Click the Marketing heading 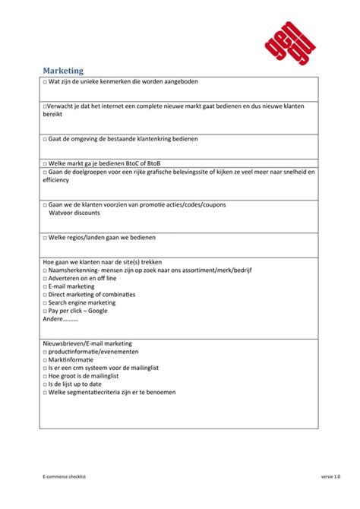[x=63, y=70]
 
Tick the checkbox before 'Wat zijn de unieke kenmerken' [x=45, y=81]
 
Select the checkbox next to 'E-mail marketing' [x=45, y=286]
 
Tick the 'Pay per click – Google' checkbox [x=45, y=311]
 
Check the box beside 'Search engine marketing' [x=45, y=302]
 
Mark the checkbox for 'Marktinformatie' [x=45, y=360]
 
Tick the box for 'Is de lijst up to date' [x=45, y=384]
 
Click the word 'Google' [x=98, y=311]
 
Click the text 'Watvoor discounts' [x=74, y=213]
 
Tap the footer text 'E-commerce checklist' [x=65, y=476]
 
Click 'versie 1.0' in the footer [x=330, y=476]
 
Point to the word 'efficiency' [x=56, y=180]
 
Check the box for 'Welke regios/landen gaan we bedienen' [x=45, y=237]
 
